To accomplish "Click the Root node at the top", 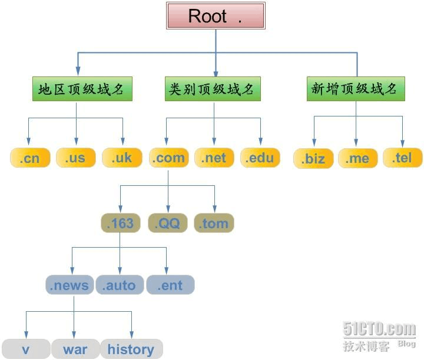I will (215, 16).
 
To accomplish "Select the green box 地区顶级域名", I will (81, 89).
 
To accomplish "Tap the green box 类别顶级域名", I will (212, 89).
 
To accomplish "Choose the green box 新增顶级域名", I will (356, 89).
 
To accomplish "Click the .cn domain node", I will (29, 158).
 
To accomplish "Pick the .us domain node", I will (75, 158).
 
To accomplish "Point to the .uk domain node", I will (121, 158).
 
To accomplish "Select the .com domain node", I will (168, 158).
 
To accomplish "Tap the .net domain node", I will (214, 158).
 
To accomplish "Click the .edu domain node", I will (260, 158).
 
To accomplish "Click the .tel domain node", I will (402, 158).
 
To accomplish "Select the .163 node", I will (120, 223).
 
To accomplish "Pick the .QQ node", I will (167, 223).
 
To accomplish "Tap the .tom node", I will (214, 223).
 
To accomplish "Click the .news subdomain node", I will (69, 286).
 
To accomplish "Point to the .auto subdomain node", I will (119, 286).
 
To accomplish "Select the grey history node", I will (131, 349).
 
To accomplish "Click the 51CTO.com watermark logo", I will (379, 329).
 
